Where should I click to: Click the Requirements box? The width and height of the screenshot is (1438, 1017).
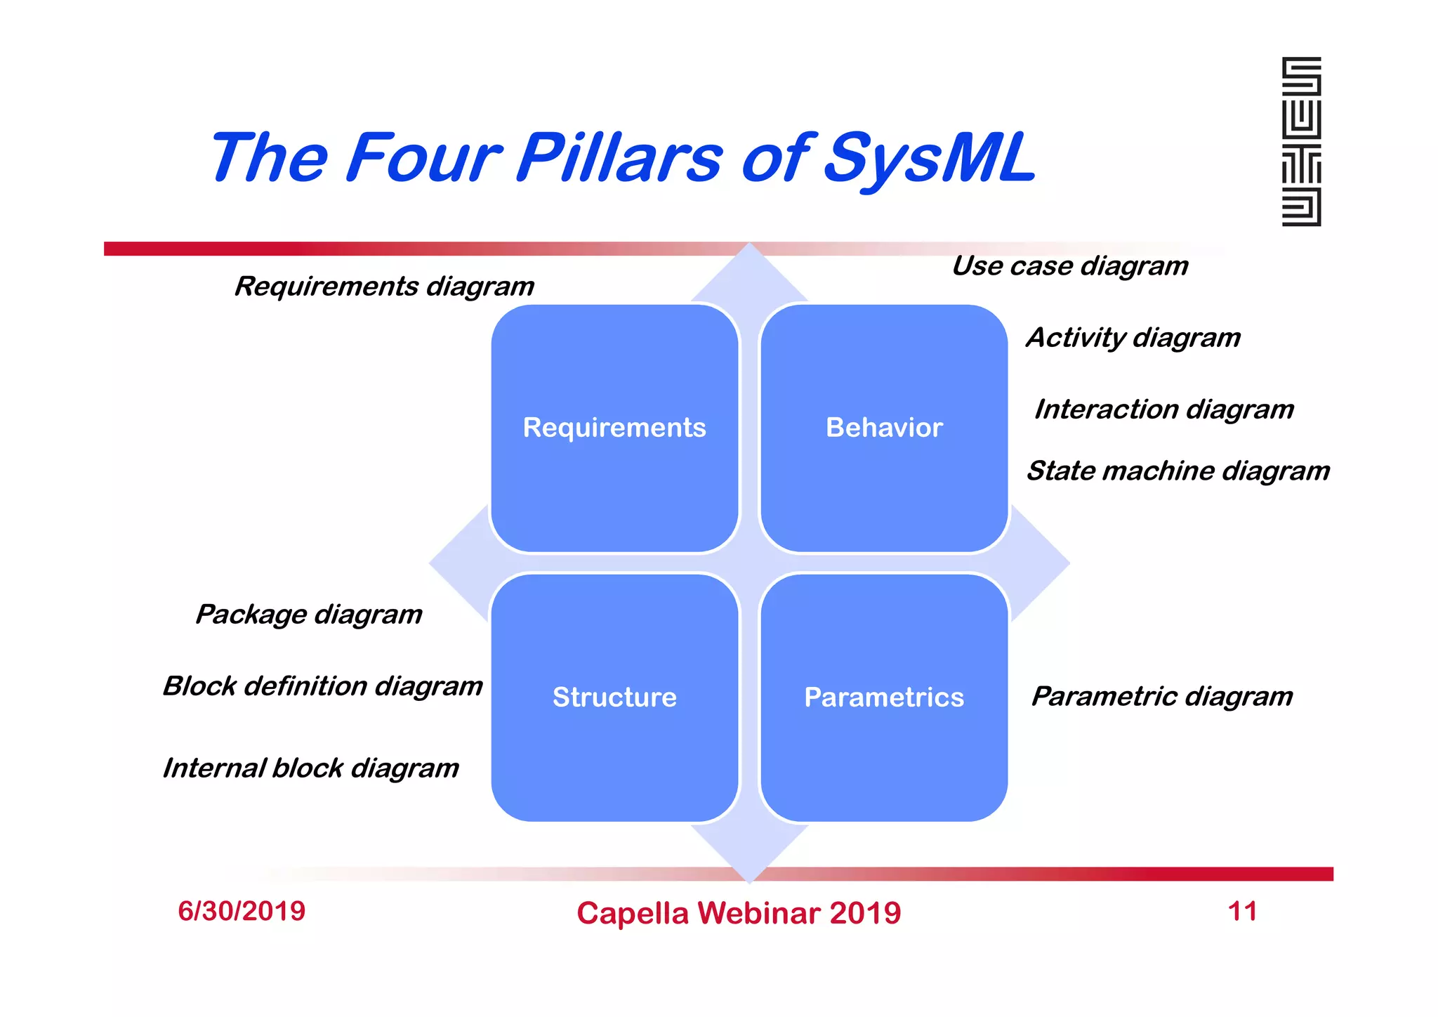pyautogui.click(x=614, y=428)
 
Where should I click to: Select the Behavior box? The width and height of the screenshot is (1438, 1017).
pyautogui.click(x=884, y=428)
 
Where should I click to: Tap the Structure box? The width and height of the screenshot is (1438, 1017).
pyautogui.click(x=614, y=697)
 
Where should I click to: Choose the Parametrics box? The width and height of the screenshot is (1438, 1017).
pyautogui.click(x=884, y=697)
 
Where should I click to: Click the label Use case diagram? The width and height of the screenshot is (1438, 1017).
pyautogui.click(x=1069, y=266)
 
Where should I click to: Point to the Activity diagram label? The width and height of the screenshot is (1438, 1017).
pyautogui.click(x=1133, y=338)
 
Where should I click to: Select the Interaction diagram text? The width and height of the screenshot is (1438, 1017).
pyautogui.click(x=1163, y=409)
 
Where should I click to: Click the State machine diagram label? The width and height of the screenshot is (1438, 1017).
pyautogui.click(x=1178, y=471)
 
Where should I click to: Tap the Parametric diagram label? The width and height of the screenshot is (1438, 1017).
pyautogui.click(x=1161, y=697)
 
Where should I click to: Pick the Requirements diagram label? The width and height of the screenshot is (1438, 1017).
pyautogui.click(x=384, y=287)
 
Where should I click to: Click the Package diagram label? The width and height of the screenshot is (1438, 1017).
pyautogui.click(x=309, y=615)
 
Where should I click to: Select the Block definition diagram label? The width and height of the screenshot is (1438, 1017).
pyautogui.click(x=322, y=686)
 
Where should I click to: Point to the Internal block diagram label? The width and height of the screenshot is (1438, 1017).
pyautogui.click(x=310, y=768)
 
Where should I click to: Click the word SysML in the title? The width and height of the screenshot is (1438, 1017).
pyautogui.click(x=929, y=158)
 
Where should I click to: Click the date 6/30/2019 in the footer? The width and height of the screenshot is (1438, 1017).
pyautogui.click(x=242, y=912)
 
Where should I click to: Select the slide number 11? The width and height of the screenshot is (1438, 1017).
pyautogui.click(x=1242, y=912)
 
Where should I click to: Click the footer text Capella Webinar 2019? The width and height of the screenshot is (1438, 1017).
pyautogui.click(x=739, y=914)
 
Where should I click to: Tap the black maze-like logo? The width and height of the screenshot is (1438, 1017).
pyautogui.click(x=1301, y=142)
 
